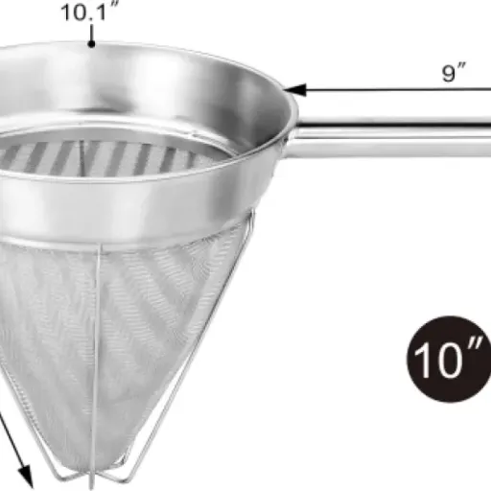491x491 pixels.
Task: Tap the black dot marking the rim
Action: click(x=91, y=44)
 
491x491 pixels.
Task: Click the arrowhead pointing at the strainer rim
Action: click(x=294, y=90)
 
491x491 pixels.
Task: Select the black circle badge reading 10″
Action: click(x=449, y=359)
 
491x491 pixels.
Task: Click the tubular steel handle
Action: click(x=391, y=137)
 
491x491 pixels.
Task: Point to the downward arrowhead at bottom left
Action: click(x=26, y=477)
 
